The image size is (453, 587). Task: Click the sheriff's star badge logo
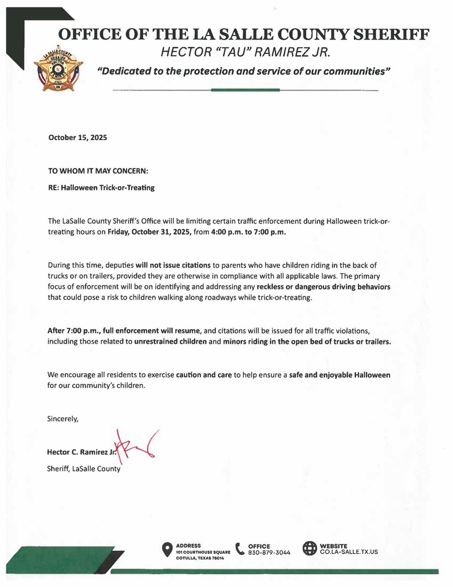(x=58, y=68)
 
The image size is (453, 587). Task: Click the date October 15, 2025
(x=77, y=138)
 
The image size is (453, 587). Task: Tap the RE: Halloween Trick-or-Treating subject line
(x=101, y=187)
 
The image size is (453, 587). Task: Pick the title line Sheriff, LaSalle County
(x=84, y=468)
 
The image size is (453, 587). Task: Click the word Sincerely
(x=62, y=418)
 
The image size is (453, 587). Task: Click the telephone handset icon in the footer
(x=240, y=549)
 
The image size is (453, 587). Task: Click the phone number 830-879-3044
(x=269, y=553)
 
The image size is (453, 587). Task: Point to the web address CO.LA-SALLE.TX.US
(x=349, y=552)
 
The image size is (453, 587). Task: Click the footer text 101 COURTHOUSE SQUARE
(x=203, y=552)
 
